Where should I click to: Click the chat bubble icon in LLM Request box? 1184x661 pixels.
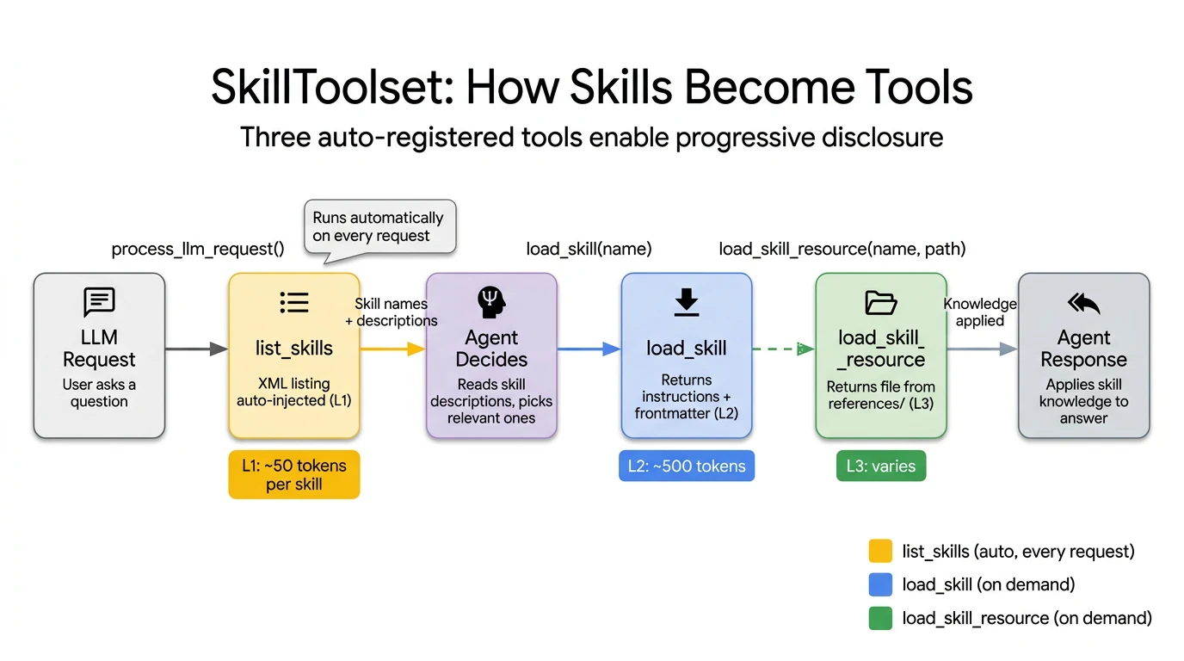click(99, 303)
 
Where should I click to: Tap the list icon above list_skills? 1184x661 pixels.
click(293, 302)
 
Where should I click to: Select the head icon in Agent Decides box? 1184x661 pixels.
click(491, 302)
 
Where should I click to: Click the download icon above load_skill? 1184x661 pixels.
click(686, 303)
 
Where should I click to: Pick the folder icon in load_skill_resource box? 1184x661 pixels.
click(880, 303)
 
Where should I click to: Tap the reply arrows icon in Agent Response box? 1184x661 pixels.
click(1083, 303)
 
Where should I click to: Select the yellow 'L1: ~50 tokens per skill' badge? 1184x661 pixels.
click(293, 475)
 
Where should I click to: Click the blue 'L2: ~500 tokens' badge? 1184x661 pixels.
click(686, 466)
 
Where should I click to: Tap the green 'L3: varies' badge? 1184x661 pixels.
click(880, 466)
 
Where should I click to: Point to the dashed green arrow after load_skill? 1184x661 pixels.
click(782, 349)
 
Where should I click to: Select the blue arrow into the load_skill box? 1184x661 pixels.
click(589, 349)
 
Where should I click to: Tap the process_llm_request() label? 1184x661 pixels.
click(198, 250)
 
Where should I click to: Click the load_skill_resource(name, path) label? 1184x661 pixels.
click(842, 250)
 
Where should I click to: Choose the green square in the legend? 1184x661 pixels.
click(880, 618)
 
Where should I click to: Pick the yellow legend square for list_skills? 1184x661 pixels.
click(880, 551)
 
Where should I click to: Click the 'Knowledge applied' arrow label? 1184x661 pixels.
click(980, 312)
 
